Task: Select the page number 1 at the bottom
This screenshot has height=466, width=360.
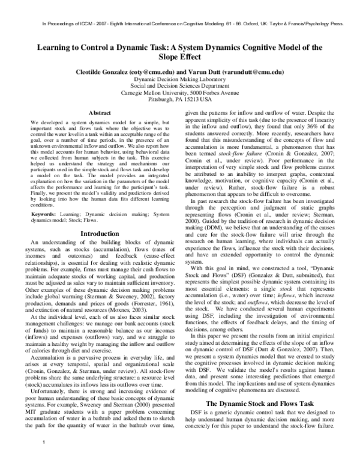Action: (44, 459)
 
